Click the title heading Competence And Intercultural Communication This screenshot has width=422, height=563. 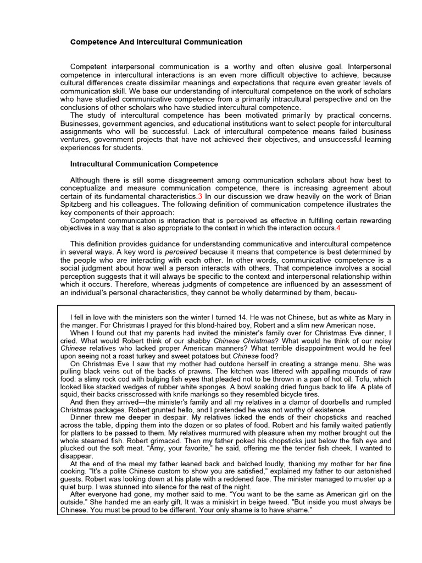coord(156,42)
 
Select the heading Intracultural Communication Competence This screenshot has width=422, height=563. coord(144,164)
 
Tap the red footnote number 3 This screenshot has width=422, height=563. coord(200,196)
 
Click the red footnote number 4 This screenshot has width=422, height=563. coord(338,228)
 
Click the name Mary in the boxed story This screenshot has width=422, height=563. coord(374,317)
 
